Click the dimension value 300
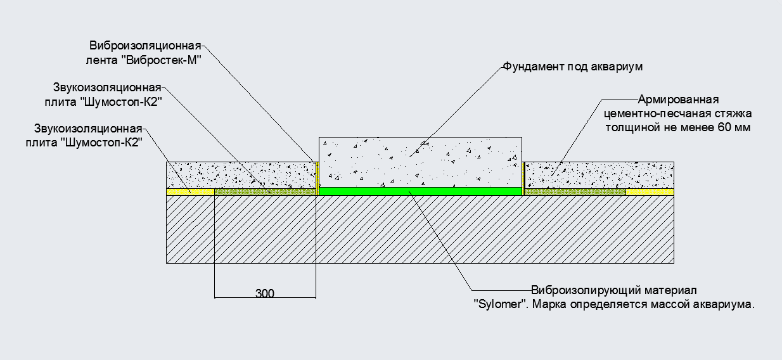(265, 293)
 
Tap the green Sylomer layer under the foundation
(420, 190)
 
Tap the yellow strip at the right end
(650, 191)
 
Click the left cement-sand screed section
(241, 174)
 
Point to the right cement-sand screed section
(598, 174)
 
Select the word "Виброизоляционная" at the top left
(145, 46)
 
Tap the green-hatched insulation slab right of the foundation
(574, 191)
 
